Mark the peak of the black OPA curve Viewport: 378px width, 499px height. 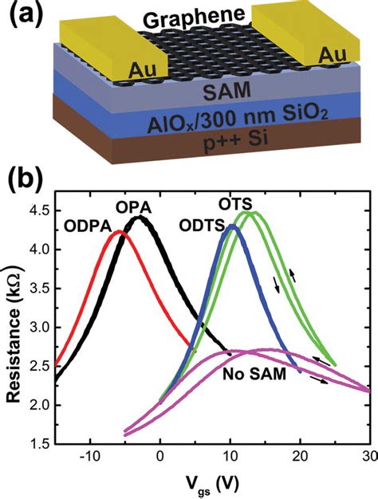coord(140,217)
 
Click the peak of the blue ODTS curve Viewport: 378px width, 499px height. coord(231,227)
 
